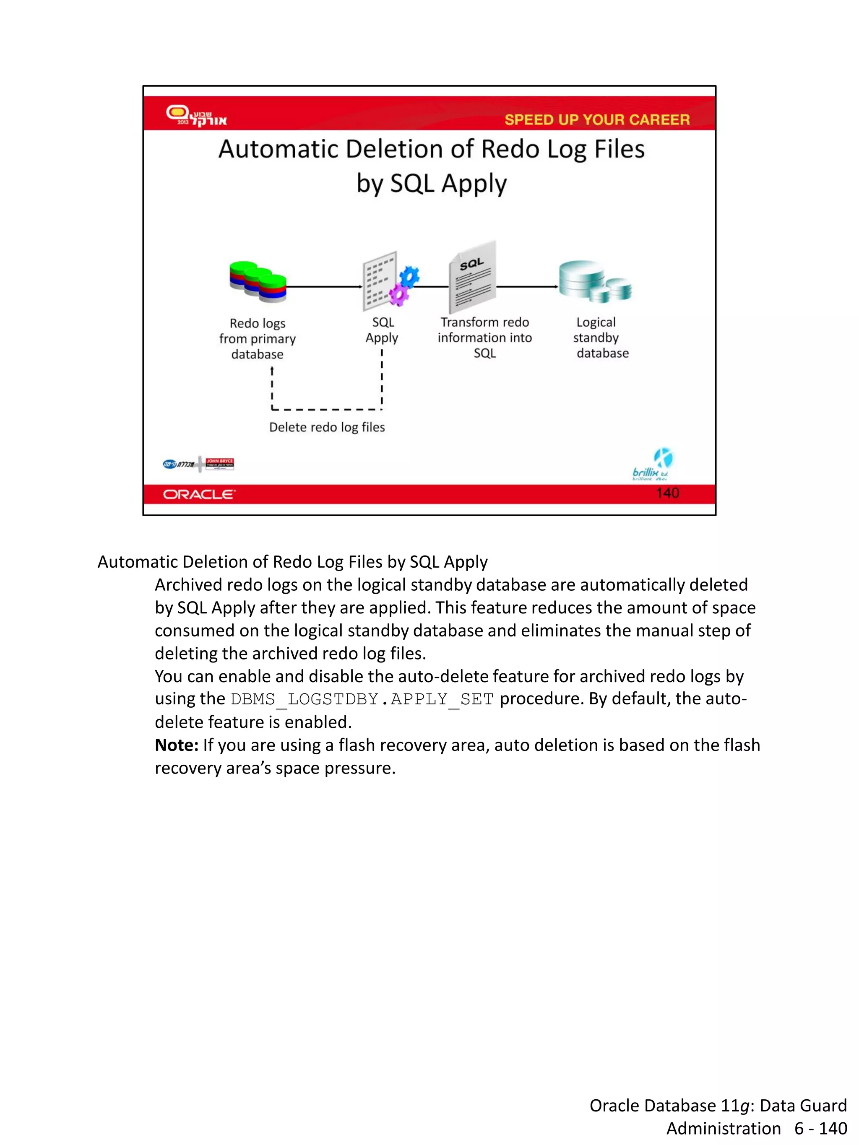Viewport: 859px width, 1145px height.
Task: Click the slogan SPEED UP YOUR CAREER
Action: pyautogui.click(x=596, y=119)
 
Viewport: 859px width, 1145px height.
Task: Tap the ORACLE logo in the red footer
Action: pyautogui.click(x=199, y=494)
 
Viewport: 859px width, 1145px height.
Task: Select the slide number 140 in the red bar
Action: pyautogui.click(x=667, y=493)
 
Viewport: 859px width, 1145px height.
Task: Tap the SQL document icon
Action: pyautogui.click(x=472, y=278)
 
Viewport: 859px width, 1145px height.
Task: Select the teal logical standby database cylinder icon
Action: pyautogui.click(x=594, y=281)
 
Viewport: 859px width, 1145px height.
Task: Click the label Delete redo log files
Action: pyautogui.click(x=327, y=427)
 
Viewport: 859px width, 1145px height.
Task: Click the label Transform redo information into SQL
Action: pyautogui.click(x=484, y=338)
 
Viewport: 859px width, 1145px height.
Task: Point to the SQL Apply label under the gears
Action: pyautogui.click(x=382, y=330)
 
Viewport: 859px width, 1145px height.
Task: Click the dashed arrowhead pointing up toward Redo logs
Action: pyautogui.click(x=272, y=371)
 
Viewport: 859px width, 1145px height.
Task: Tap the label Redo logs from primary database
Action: pyautogui.click(x=258, y=338)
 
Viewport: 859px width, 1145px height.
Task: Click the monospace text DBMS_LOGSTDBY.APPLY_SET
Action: pyautogui.click(x=362, y=699)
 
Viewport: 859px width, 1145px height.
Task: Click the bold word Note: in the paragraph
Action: pyautogui.click(x=176, y=745)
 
